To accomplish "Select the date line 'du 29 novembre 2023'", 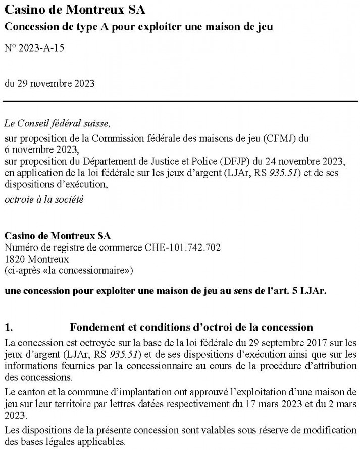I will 49,82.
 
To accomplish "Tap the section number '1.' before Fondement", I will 8,327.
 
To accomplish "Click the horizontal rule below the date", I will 180,103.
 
